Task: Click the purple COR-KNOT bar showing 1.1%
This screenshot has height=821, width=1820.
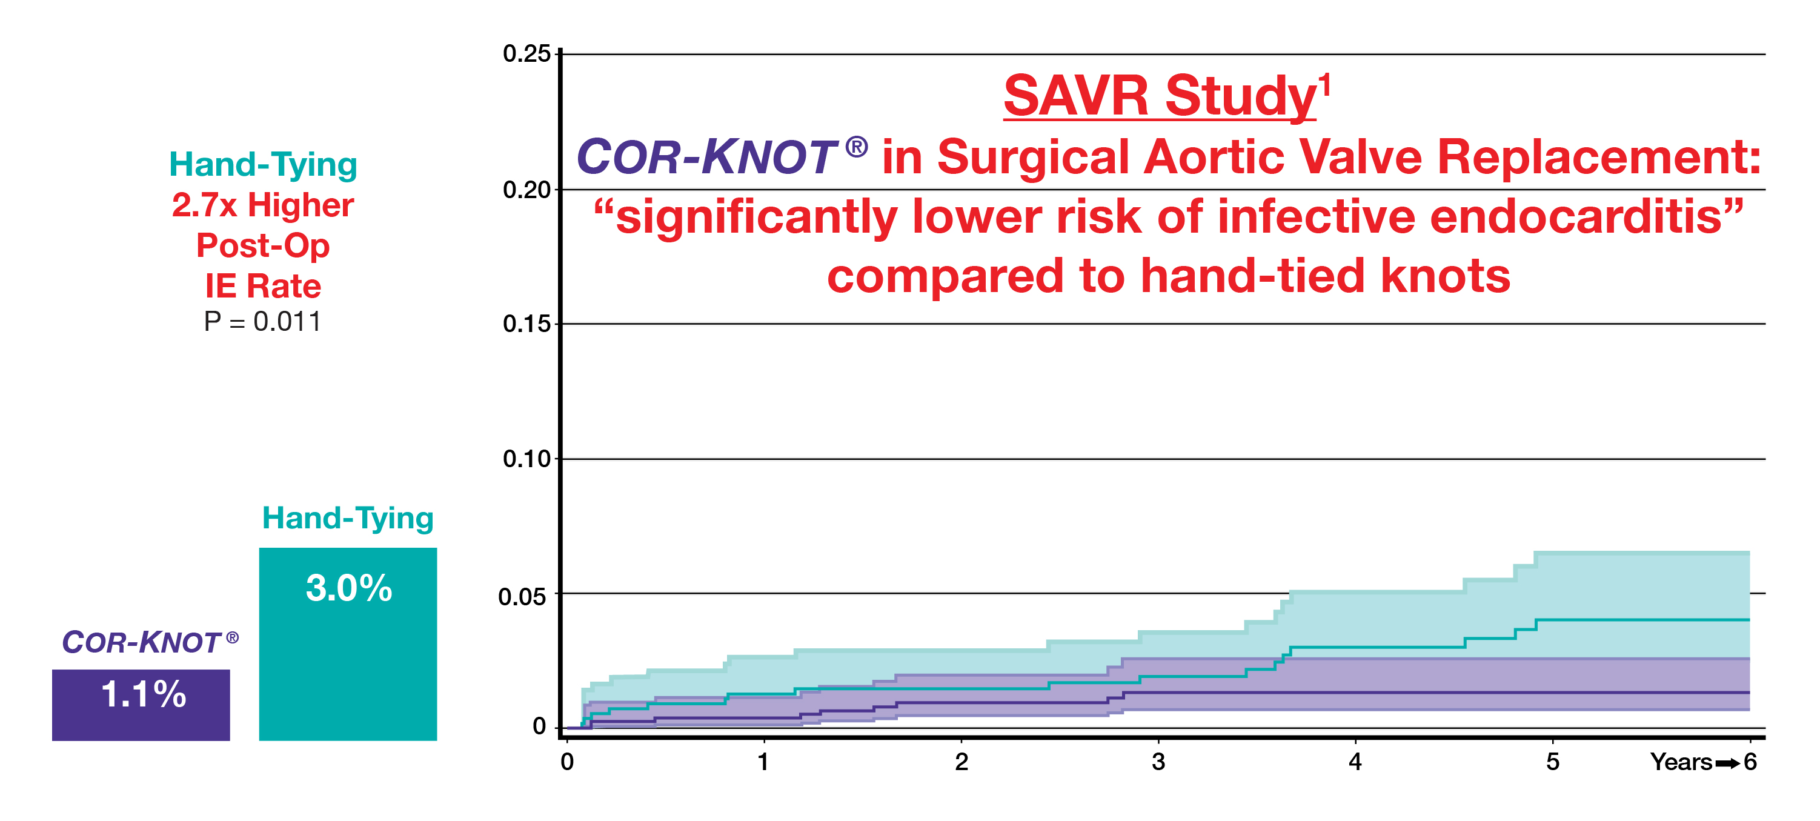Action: click(141, 705)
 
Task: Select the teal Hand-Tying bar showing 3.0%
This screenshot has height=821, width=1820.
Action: click(348, 643)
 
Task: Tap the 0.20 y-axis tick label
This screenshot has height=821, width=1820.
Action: click(526, 190)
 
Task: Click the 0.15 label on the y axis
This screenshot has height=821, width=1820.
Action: click(526, 324)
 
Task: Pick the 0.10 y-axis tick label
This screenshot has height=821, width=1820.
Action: click(526, 459)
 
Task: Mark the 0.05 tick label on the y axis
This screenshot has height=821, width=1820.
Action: click(522, 597)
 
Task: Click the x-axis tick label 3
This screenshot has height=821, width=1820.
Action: click(1158, 762)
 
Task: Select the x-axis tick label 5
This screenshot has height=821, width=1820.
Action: click(1552, 762)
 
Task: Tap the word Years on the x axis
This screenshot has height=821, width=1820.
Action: click(1681, 762)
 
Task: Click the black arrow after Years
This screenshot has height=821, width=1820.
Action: click(1727, 763)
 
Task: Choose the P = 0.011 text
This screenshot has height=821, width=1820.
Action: click(263, 322)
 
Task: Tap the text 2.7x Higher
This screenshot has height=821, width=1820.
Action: click(263, 205)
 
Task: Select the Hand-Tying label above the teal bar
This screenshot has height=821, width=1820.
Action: click(348, 518)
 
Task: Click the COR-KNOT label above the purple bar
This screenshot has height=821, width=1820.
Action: click(150, 642)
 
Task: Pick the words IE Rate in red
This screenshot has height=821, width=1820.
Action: click(263, 286)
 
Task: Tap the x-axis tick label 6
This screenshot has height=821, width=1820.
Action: click(1750, 762)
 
